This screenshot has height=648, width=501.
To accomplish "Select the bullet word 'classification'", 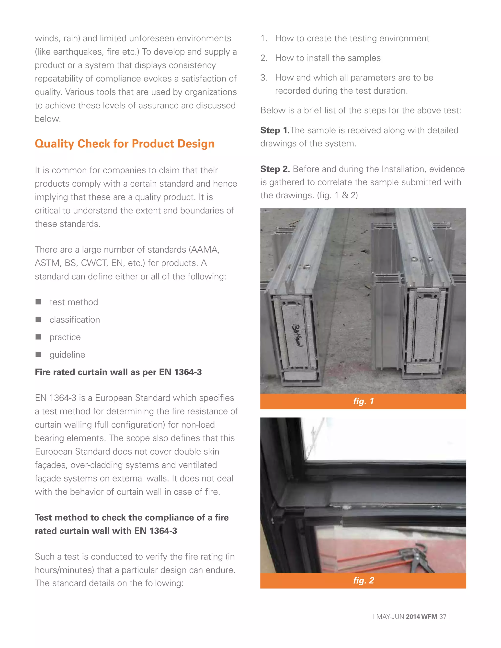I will click(75, 320).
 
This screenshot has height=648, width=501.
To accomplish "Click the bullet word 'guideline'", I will click(67, 355).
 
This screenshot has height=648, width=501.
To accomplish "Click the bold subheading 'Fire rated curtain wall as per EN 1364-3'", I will click(118, 372).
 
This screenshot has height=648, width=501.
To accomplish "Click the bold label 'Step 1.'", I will click(274, 130).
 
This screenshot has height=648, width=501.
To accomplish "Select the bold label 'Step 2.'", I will click(275, 169).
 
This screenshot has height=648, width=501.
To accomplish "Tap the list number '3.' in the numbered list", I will click(264, 78).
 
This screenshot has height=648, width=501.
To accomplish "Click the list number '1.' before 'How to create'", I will click(264, 38).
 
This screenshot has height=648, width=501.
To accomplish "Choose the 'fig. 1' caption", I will click(363, 401).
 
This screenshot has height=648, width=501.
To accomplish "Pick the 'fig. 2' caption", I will click(363, 580).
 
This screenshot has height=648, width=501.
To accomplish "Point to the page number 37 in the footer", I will click(443, 616).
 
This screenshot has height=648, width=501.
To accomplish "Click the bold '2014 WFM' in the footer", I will click(421, 616).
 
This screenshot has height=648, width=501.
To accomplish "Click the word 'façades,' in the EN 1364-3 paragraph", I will click(51, 465).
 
